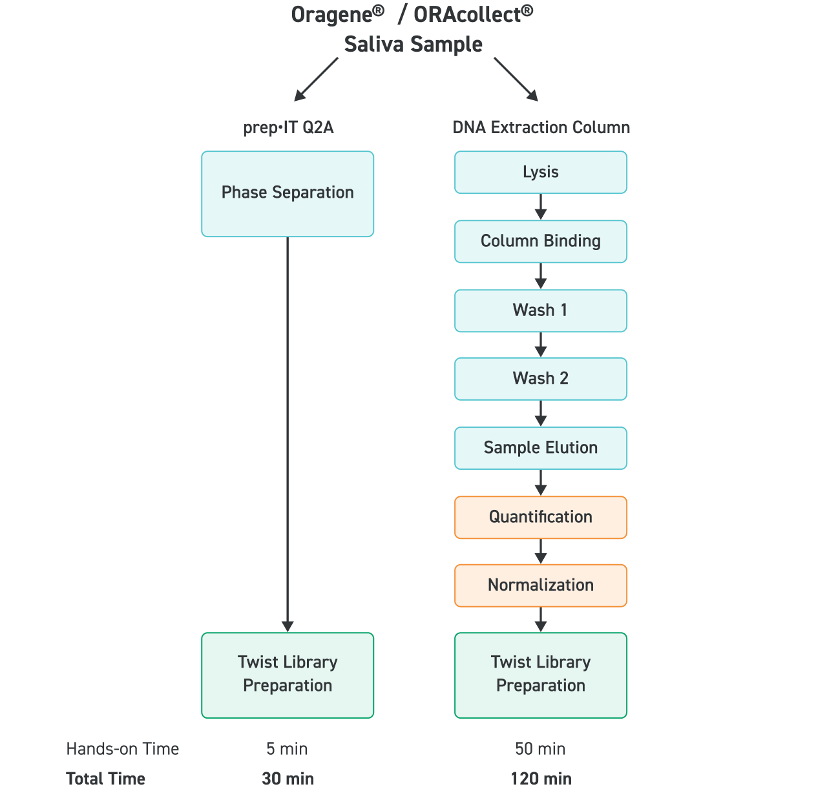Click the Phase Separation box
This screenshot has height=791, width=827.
click(288, 193)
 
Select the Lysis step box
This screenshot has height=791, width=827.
click(541, 172)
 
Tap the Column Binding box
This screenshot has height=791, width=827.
click(541, 241)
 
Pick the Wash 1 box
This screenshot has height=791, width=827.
click(541, 310)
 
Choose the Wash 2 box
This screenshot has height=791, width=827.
click(541, 379)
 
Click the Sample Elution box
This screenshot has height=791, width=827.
click(541, 448)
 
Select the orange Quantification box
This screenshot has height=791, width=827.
click(541, 517)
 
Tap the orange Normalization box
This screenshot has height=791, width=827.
click(541, 585)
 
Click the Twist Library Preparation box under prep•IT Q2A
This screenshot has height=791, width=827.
click(288, 675)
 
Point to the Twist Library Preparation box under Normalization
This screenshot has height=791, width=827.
click(541, 675)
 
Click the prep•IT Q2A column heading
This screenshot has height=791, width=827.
click(288, 127)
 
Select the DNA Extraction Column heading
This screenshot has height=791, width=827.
click(541, 127)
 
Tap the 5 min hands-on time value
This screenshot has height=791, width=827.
click(287, 749)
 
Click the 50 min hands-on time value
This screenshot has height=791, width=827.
click(540, 749)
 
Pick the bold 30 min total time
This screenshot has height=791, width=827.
click(288, 779)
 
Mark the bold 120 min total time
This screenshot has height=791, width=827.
click(541, 779)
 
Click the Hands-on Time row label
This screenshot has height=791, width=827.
click(122, 749)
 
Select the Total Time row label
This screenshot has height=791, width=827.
click(105, 779)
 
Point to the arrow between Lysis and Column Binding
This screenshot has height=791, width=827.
click(541, 207)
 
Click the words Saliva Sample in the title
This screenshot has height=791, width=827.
click(413, 45)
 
